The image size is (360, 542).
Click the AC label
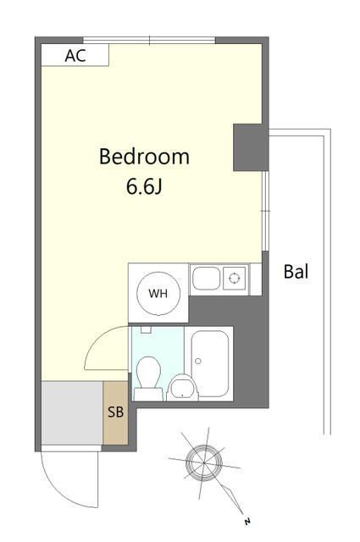(x=75, y=56)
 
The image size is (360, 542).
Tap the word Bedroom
(x=144, y=157)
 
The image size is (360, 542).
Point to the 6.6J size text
(x=144, y=187)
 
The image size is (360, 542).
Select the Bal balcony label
(x=296, y=272)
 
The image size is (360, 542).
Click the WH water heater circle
(x=158, y=294)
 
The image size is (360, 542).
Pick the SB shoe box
(x=115, y=412)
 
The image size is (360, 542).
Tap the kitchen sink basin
(x=206, y=279)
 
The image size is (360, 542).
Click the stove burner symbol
(x=234, y=278)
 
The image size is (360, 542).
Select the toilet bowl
(x=148, y=373)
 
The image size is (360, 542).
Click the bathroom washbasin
(x=183, y=388)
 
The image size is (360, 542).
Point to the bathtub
(x=210, y=363)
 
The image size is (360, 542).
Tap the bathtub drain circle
(x=198, y=362)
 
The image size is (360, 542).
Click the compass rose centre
(x=204, y=462)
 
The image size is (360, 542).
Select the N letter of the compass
(x=247, y=522)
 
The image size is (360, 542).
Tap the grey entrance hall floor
(x=72, y=412)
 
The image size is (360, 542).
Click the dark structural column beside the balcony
(x=251, y=147)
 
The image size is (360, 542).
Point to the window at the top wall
(x=149, y=40)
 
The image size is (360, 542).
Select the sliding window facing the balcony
(x=265, y=211)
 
